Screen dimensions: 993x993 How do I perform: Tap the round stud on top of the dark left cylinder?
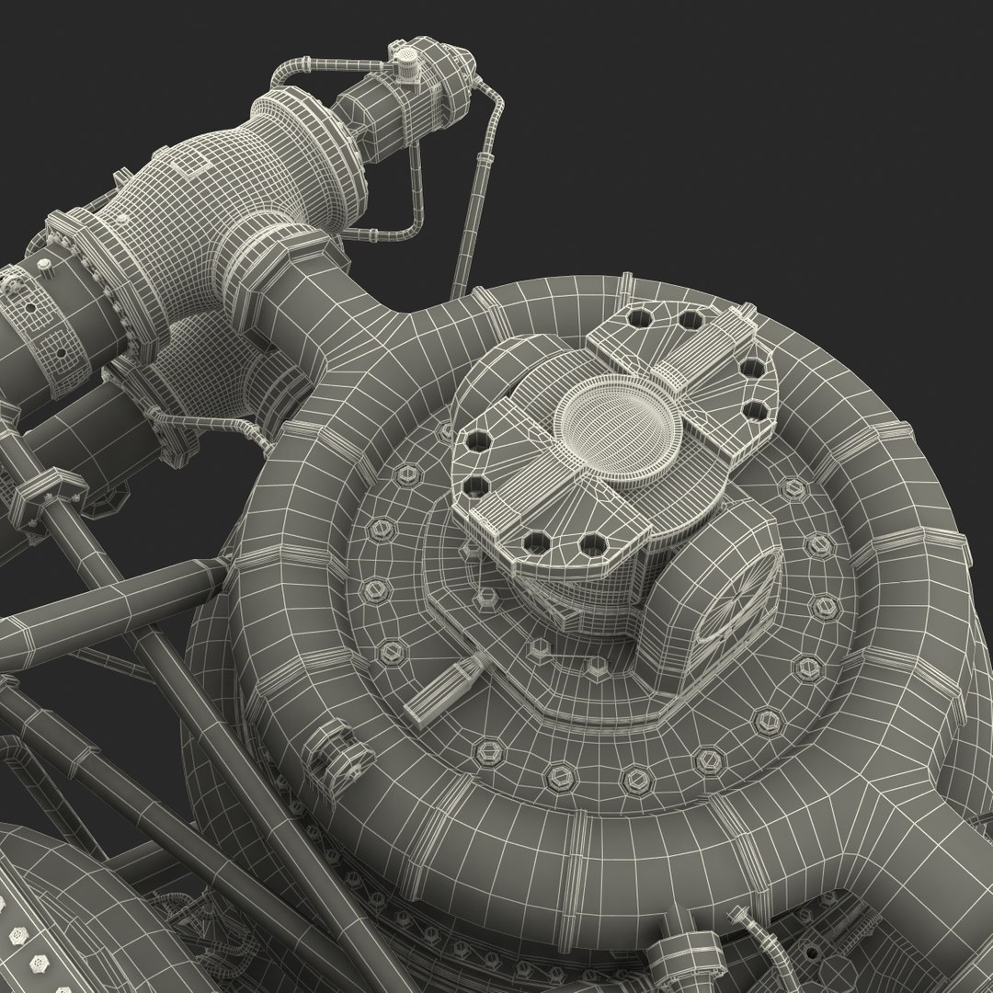43,265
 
